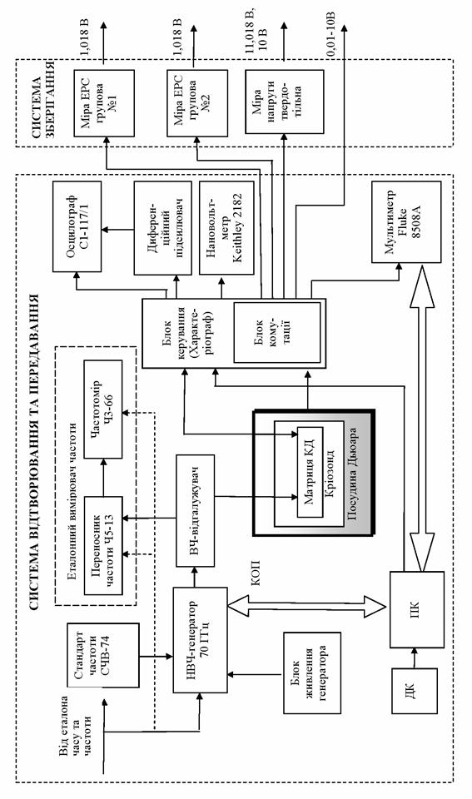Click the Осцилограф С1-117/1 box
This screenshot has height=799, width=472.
[77, 226]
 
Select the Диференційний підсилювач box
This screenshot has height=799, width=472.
[158, 228]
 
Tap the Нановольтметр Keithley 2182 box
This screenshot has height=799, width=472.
[226, 228]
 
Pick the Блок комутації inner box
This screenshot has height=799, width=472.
[276, 332]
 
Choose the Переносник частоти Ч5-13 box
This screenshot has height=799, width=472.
[103, 546]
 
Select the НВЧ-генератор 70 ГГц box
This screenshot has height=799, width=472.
[200, 640]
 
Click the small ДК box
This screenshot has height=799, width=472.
[415, 691]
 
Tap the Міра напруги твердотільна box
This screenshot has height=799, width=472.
[284, 102]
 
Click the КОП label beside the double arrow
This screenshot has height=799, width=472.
[256, 573]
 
